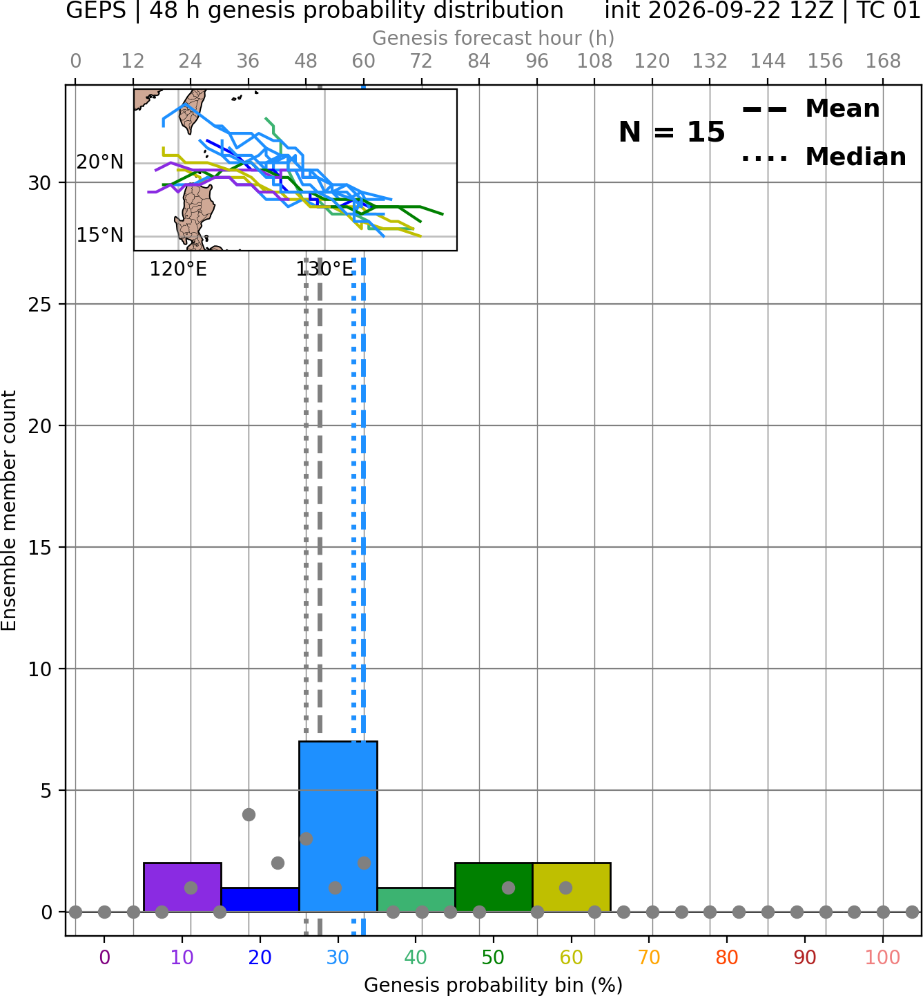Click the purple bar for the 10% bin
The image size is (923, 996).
[182, 887]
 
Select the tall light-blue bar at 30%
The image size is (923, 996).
[338, 827]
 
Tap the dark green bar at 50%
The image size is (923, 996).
[494, 887]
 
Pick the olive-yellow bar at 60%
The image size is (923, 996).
[571, 887]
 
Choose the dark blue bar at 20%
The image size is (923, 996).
[260, 900]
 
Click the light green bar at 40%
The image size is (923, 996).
[416, 900]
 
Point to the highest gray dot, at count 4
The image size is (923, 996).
[249, 814]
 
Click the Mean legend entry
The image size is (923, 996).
[810, 109]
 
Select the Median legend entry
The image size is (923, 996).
[824, 157]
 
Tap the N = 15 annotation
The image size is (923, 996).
[671, 133]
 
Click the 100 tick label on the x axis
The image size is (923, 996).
[882, 957]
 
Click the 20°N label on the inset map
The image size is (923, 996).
[100, 162]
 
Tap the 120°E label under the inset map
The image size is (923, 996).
[178, 270]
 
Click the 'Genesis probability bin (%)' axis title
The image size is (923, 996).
[494, 985]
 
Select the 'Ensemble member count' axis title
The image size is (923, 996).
[9, 510]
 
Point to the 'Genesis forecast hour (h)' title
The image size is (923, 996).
[494, 38]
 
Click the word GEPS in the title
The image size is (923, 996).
[96, 10]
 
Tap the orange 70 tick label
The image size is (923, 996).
[649, 957]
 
